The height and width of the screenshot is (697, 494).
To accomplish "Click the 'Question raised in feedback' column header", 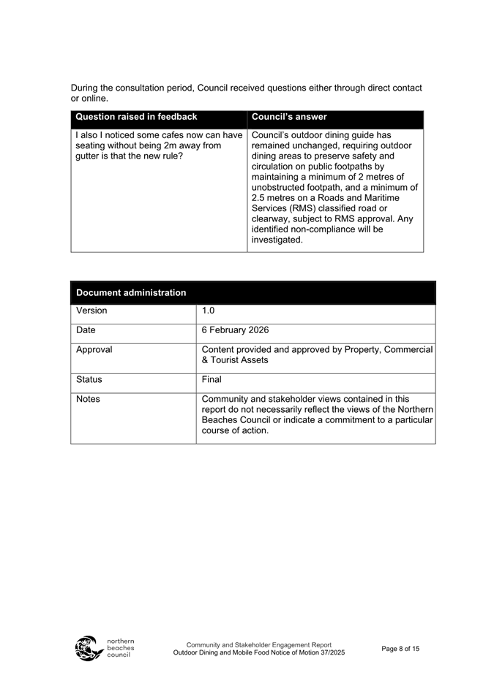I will click(x=136, y=117).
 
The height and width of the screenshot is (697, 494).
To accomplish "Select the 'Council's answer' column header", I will click(x=289, y=117).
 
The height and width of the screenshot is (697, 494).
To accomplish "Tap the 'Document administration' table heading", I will click(x=131, y=292).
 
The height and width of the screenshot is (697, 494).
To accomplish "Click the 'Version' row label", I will click(x=91, y=311).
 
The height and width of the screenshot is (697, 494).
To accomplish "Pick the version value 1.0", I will click(x=209, y=311).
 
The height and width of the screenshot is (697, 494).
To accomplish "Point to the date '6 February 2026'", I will click(x=235, y=330).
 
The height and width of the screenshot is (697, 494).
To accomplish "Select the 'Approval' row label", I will click(x=94, y=350).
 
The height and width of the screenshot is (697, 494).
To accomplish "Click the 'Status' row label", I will click(x=89, y=380).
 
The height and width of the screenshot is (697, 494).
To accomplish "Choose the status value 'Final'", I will click(x=212, y=380).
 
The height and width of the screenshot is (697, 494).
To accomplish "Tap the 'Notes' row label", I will click(x=89, y=400).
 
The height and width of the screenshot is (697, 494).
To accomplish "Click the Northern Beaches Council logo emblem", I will click(x=89, y=648).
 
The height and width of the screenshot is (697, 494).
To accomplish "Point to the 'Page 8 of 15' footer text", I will click(x=400, y=649).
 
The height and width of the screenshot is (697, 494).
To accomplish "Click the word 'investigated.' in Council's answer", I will click(x=277, y=240).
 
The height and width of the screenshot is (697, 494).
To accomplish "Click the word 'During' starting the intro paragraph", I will click(x=86, y=88).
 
